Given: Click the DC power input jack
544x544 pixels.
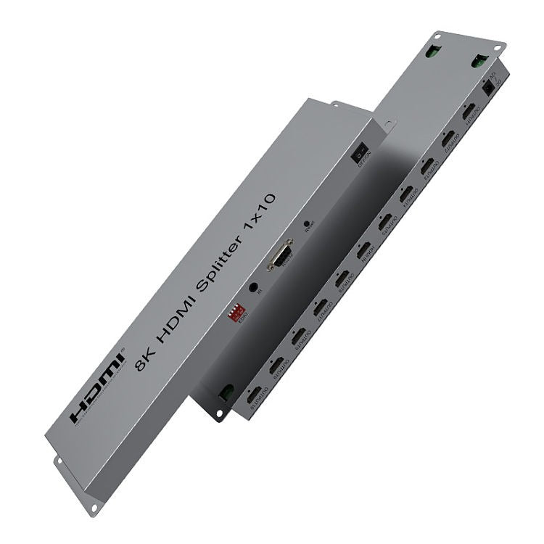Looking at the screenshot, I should (488, 85).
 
